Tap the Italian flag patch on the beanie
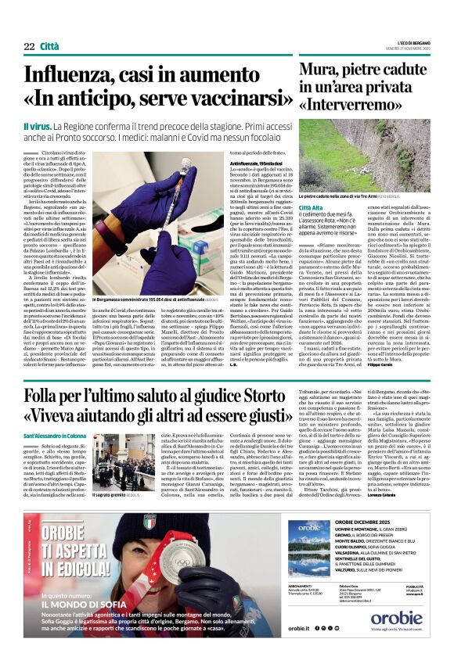[x=150, y=520]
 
